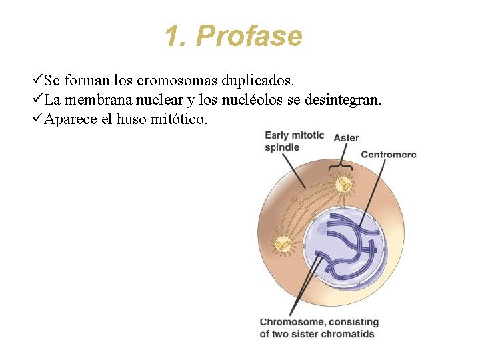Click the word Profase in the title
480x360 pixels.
click(249, 36)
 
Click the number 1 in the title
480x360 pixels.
click(173, 36)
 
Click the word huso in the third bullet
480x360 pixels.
click(130, 119)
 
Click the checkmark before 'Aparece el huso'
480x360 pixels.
click(37, 119)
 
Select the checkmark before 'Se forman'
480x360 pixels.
click(37, 81)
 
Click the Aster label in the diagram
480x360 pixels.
click(346, 138)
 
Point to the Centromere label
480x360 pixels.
click(389, 155)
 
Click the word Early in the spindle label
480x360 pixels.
click(277, 135)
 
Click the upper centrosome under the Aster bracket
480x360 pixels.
click(344, 181)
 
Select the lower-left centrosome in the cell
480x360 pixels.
click(283, 245)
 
